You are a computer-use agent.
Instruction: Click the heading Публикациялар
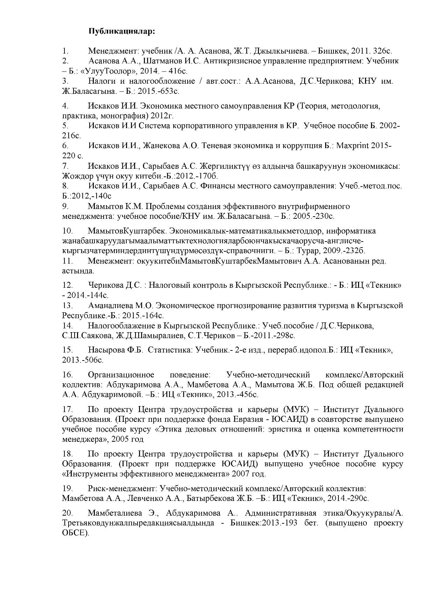click(x=121, y=32)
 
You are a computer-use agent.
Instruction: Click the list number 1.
click(x=65, y=51)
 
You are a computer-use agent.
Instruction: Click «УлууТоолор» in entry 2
click(x=108, y=71)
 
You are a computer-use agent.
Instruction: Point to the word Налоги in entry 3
click(x=102, y=81)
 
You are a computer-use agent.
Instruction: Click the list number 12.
click(x=67, y=285)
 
